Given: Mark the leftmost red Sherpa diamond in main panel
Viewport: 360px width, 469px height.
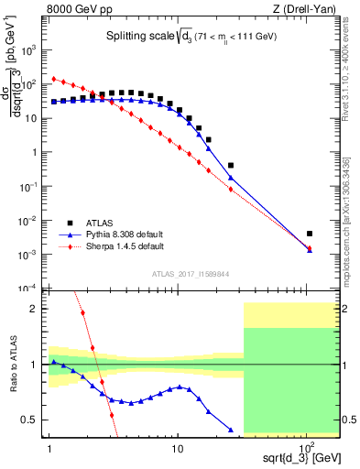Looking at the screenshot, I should pos(54,79).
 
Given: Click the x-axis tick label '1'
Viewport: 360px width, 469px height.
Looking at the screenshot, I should pos(49,450).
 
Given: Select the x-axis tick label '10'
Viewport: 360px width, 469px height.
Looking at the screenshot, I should pos(178,450).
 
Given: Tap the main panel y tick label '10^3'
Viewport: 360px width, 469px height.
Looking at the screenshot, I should pos(32,50).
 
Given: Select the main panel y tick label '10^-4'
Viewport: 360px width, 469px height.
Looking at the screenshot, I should pos(32,289).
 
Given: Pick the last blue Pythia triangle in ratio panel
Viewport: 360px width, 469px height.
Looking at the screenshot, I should pos(231,429).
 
